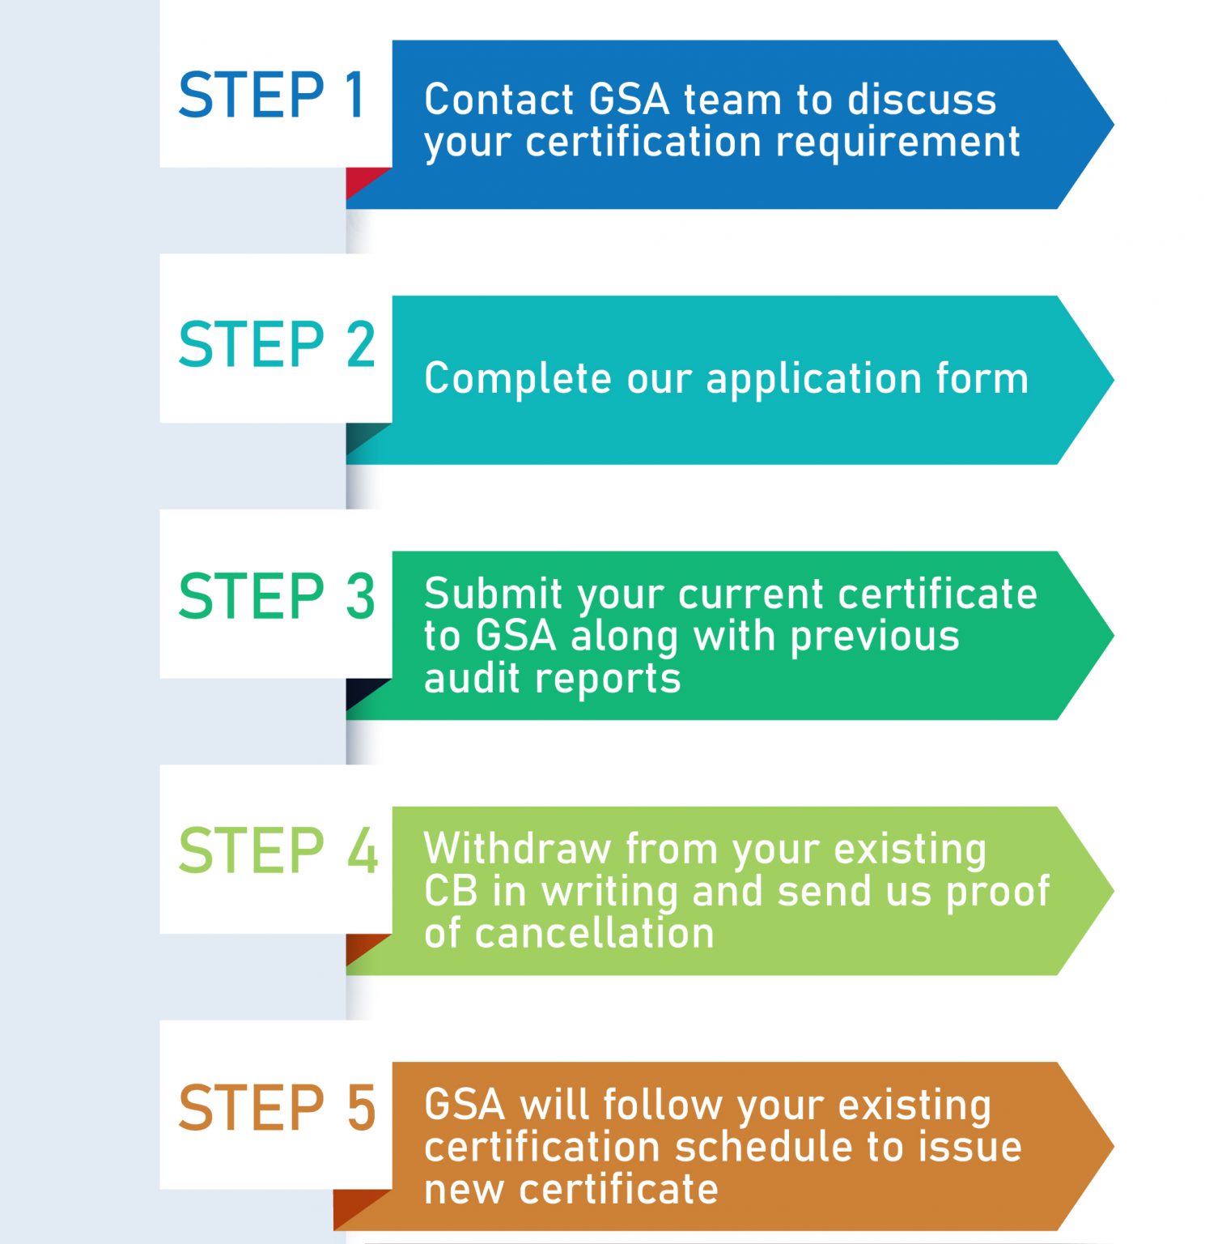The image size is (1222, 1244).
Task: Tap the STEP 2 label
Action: click(277, 345)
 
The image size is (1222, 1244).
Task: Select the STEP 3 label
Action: click(277, 597)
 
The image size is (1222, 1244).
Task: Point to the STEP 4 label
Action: click(278, 851)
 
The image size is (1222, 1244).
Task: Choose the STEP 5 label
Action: click(277, 1108)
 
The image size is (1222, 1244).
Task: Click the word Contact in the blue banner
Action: click(499, 100)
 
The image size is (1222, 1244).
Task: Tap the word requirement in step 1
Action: click(897, 143)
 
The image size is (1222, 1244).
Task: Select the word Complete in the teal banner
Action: click(517, 379)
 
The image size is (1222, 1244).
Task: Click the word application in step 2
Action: click(813, 379)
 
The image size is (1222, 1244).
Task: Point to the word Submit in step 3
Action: click(493, 594)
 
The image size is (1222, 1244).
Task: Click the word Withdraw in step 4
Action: click(516, 849)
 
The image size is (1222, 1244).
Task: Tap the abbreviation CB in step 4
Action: click(450, 891)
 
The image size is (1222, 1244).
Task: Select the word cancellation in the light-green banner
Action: click(594, 933)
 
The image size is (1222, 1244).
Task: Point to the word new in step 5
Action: click(464, 1189)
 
